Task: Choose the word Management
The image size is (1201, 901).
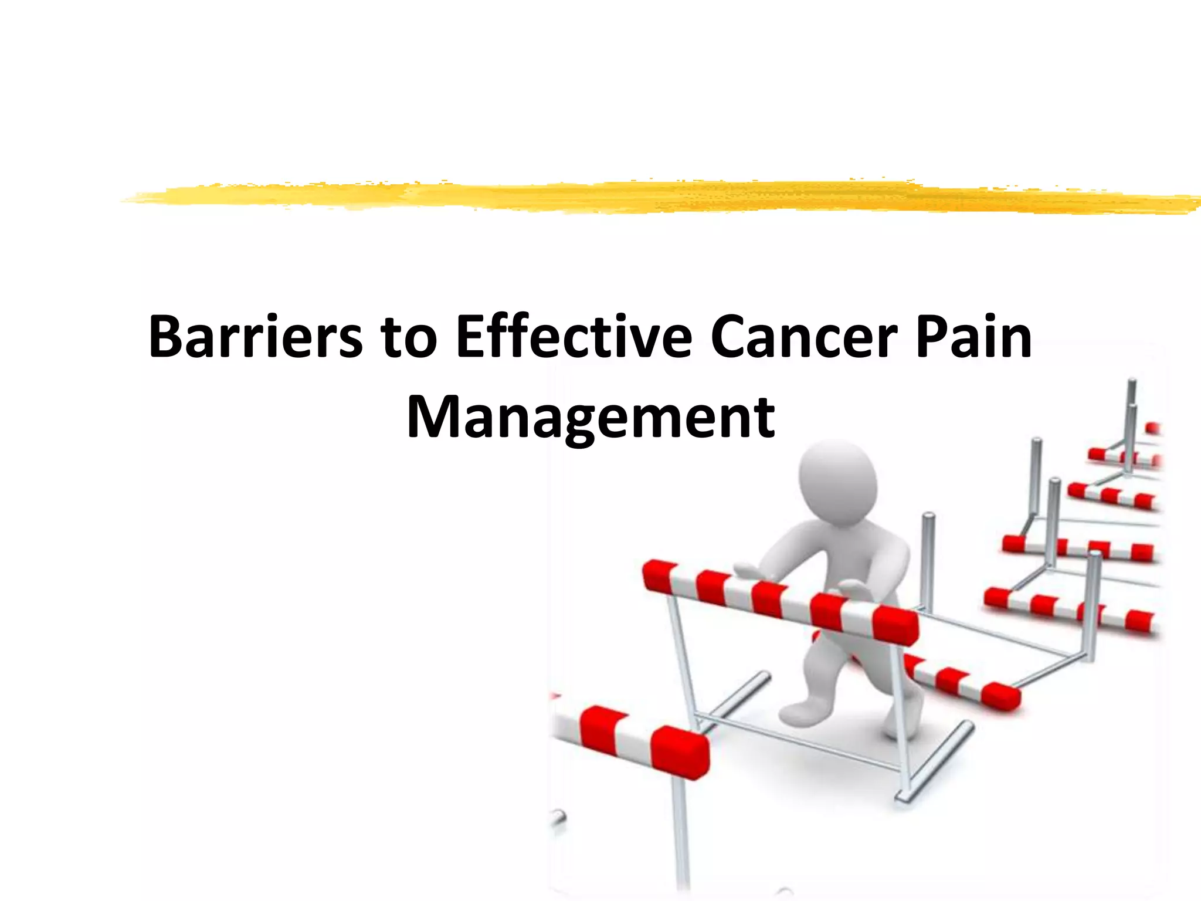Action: [x=591, y=418]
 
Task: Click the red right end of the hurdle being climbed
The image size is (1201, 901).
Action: [x=895, y=625]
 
